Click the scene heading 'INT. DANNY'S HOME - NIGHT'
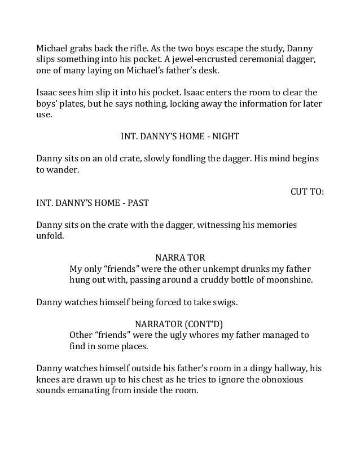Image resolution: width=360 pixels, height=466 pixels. [x=180, y=137]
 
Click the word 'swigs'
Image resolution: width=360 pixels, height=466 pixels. [x=225, y=302]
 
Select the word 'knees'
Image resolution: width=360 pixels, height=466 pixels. [x=49, y=380]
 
